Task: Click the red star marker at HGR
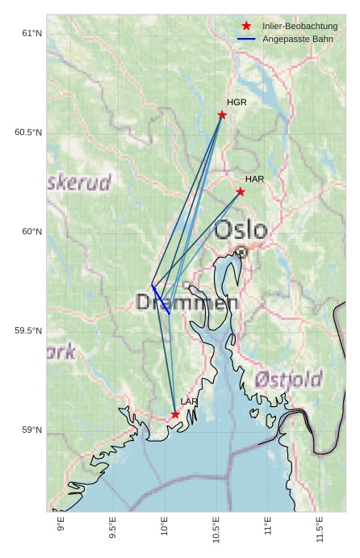[x=222, y=115]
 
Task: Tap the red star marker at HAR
[x=241, y=191]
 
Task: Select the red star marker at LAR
[x=175, y=414]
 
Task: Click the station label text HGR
[x=237, y=103]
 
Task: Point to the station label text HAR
[x=255, y=178]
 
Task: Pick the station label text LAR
[x=189, y=401]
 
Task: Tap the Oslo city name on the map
[x=241, y=230]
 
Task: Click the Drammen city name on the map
[x=186, y=303]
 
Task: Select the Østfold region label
[x=288, y=379]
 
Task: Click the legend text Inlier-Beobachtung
[x=299, y=27]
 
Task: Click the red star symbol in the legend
[x=246, y=27]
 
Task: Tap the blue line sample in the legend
[x=246, y=39]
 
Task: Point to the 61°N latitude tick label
[x=31, y=33]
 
